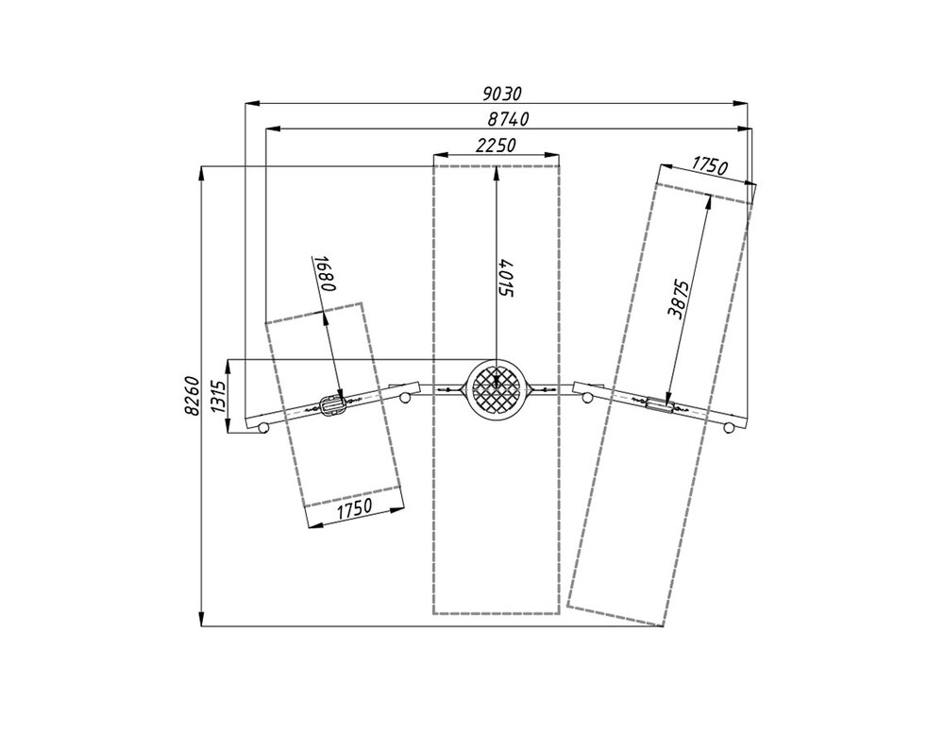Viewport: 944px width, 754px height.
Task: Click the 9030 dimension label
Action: click(502, 94)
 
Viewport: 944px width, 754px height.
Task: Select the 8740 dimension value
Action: click(509, 119)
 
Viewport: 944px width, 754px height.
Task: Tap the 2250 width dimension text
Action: click(497, 146)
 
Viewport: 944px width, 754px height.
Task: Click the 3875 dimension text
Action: click(677, 299)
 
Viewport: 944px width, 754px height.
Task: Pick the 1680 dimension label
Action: click(325, 274)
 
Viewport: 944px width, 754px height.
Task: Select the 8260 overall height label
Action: click(192, 396)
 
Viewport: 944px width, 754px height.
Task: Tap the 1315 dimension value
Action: click(219, 396)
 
